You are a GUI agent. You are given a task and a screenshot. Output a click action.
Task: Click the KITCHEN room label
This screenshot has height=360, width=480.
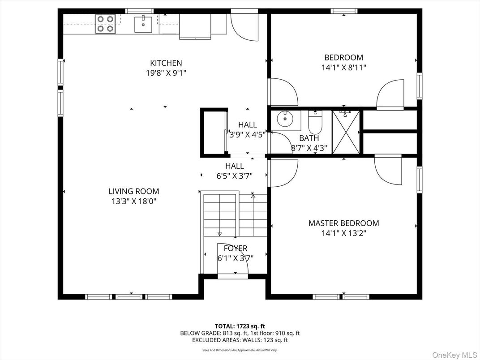click(x=166, y=63)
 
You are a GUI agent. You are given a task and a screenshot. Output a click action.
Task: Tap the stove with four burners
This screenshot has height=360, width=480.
click(x=105, y=24)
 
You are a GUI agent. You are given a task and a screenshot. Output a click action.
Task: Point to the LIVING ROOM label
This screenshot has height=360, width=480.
click(x=134, y=191)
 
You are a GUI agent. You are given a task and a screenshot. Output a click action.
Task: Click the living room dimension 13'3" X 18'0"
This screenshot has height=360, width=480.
click(x=134, y=201)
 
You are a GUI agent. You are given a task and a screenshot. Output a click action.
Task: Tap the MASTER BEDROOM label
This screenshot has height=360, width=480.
click(x=343, y=223)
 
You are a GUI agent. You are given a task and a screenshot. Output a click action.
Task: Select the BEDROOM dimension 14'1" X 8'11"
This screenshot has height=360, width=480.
click(x=343, y=68)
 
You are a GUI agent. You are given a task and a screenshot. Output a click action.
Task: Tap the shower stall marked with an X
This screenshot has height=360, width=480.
click(x=345, y=132)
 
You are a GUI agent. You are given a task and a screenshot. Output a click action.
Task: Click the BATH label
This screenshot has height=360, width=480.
click(x=309, y=138)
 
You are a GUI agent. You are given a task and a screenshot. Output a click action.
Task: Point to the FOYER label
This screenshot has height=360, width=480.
click(x=235, y=249)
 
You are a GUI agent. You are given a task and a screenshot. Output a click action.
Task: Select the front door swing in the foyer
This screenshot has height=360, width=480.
click(x=233, y=260)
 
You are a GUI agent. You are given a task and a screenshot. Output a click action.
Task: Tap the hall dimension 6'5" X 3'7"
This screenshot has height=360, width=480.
click(x=235, y=176)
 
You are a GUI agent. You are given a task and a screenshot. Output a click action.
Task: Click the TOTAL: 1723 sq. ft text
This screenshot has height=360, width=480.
click(x=240, y=326)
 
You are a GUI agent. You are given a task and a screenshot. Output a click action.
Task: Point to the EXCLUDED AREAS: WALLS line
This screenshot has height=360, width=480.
click(x=240, y=340)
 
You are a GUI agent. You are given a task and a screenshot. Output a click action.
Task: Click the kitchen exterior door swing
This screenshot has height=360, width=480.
click(x=244, y=27)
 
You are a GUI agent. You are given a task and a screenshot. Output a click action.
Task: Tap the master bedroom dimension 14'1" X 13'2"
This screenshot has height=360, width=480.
click(x=343, y=233)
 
